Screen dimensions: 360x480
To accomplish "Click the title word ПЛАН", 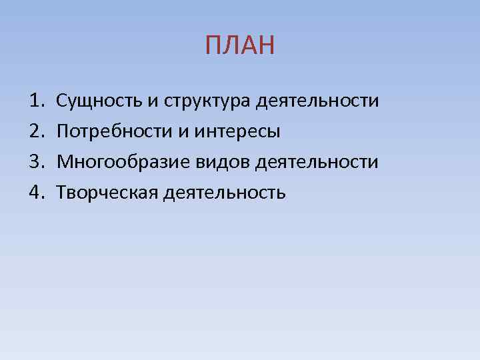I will click(240, 46).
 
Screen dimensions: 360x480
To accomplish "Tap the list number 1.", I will click(35, 101).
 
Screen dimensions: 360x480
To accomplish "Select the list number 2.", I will click(35, 132).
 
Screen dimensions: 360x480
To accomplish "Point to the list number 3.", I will click(35, 162).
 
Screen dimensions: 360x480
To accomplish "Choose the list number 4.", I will click(35, 193).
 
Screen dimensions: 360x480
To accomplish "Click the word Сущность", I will click(99, 101).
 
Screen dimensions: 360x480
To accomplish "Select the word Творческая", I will click(106, 193).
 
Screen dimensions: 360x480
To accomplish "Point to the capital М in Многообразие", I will click(65, 162).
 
